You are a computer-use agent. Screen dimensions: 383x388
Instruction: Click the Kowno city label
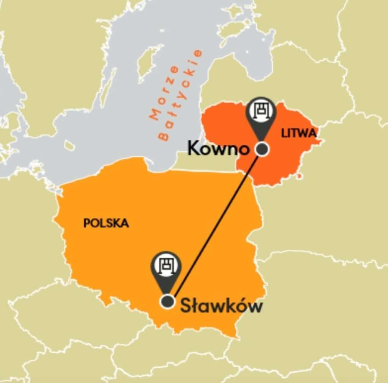click(x=218, y=148)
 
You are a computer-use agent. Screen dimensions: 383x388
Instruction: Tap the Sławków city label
click(x=221, y=306)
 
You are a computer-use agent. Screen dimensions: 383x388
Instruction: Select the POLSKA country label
click(x=106, y=223)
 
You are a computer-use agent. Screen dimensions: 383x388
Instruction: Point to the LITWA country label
click(x=299, y=133)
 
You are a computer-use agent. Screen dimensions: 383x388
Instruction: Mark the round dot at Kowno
click(x=262, y=149)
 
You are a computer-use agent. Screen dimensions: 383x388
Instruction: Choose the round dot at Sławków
click(x=167, y=302)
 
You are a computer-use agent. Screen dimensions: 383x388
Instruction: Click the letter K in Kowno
click(x=194, y=148)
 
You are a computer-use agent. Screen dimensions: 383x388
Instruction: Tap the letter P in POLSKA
click(x=86, y=223)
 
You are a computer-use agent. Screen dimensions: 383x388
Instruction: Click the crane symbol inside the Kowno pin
click(x=261, y=110)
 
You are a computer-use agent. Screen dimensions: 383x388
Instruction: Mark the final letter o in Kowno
click(x=244, y=150)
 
